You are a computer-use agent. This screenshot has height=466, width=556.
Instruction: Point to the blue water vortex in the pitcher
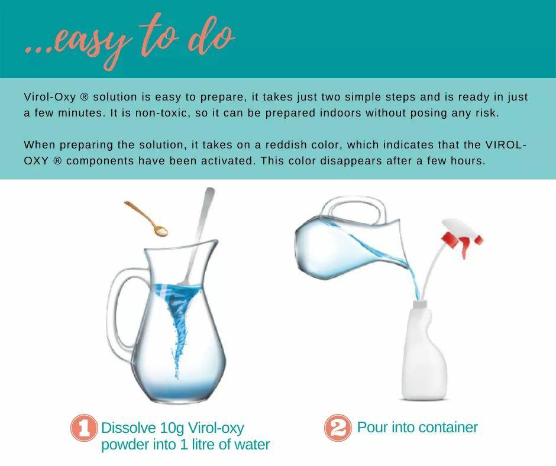click(178, 319)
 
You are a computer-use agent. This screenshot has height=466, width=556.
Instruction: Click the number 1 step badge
click(83, 428)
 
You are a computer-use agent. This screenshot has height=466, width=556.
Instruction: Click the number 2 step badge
click(338, 428)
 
